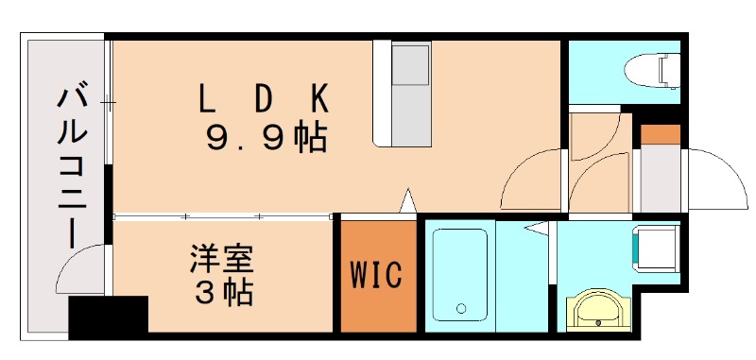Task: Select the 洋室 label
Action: coord(223,258)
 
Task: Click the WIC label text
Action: coord(377,275)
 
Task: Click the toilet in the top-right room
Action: coord(657,69)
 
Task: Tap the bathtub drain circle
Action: coord(461,308)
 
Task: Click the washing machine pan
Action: coord(657,246)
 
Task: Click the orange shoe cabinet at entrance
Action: coord(661,134)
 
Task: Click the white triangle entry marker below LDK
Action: coord(408,200)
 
